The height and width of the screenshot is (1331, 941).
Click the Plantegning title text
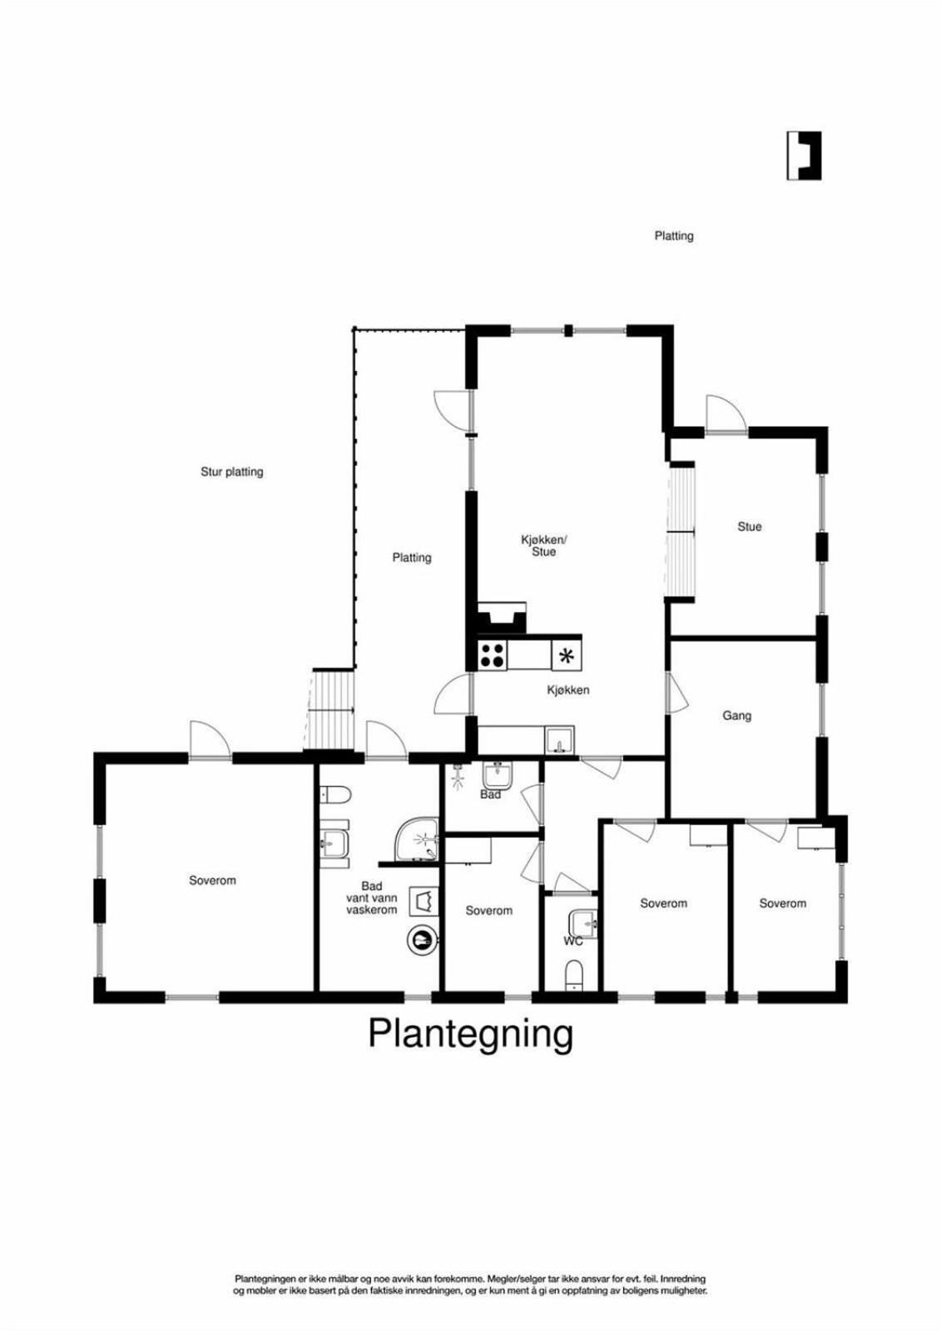(470, 1035)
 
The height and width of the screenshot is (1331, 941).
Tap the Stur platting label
(232, 473)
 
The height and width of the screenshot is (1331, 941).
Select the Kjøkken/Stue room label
(544, 546)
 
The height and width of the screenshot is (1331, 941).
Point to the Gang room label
(736, 716)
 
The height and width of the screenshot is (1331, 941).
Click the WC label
(573, 942)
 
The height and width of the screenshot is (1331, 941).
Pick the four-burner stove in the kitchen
(493, 656)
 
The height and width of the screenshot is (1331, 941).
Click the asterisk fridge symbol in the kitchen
(567, 656)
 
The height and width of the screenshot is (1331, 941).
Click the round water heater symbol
(422, 940)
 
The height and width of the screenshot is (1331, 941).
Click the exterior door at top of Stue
(726, 416)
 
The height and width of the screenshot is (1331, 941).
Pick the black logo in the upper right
(805, 156)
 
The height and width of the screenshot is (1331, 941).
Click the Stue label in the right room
(749, 527)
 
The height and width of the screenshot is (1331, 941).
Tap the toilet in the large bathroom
(335, 794)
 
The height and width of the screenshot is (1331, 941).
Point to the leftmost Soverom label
(212, 881)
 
